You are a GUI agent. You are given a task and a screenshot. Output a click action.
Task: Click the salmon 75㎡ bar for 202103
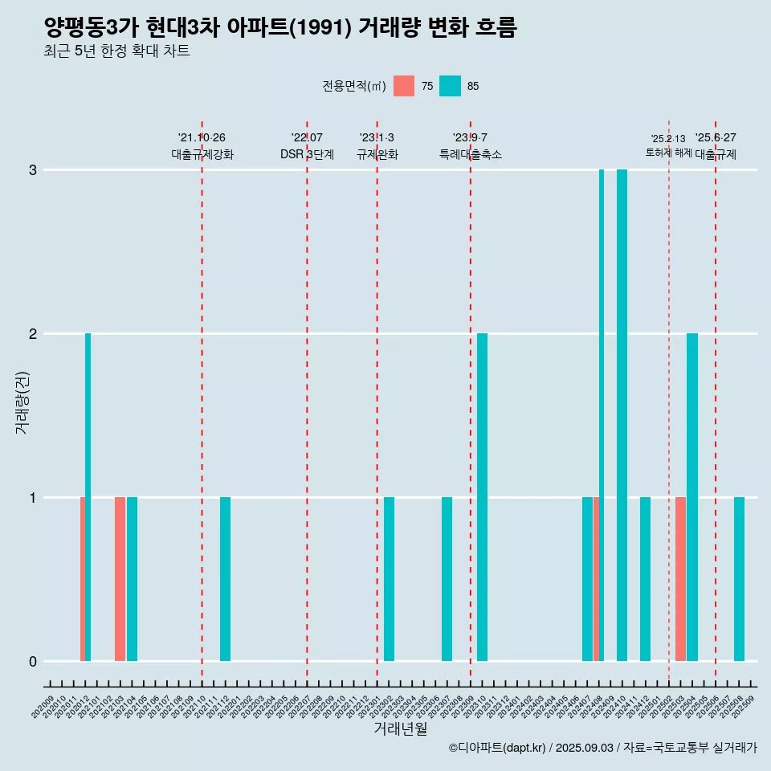120,579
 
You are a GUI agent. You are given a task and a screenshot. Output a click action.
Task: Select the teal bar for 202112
225,579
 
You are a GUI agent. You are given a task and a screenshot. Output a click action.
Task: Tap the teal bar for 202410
622,415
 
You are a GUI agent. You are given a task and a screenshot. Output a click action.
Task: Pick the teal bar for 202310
482,497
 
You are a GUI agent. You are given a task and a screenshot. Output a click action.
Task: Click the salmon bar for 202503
680,579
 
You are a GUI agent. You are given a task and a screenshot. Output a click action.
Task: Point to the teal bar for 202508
739,579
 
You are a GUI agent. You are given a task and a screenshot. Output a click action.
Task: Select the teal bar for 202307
447,579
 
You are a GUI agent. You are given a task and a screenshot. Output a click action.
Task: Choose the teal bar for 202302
389,579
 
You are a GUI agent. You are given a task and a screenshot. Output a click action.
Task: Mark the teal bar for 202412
645,579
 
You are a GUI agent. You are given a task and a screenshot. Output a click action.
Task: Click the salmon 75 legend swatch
404,86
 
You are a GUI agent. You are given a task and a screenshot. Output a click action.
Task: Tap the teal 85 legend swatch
451,86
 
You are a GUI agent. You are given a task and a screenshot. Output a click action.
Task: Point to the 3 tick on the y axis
33,170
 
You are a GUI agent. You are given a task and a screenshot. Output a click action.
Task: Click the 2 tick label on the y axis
33,334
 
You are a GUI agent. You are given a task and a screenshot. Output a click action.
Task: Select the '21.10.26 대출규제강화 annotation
202,146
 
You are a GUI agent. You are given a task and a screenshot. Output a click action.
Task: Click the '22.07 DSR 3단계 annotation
307,146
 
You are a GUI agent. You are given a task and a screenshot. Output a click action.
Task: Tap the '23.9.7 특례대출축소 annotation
470,146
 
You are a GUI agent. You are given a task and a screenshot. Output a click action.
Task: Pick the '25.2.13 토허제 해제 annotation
668,145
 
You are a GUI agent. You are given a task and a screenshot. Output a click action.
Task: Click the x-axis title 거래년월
400,728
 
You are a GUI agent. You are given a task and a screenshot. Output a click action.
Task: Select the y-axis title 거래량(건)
22,402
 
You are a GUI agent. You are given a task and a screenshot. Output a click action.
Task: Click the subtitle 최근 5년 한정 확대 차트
117,51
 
